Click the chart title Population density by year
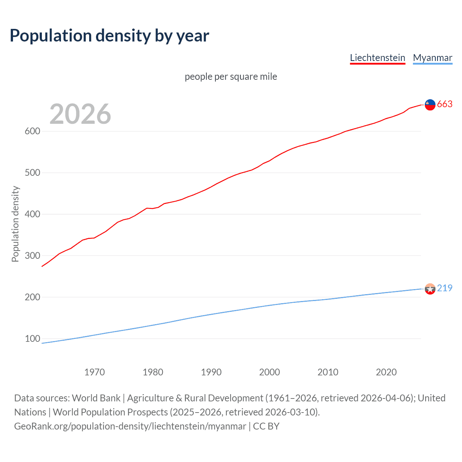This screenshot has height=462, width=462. (x=109, y=36)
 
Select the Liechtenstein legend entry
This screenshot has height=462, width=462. (x=378, y=58)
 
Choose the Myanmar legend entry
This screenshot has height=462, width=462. (x=432, y=58)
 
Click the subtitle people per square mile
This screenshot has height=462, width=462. (x=231, y=77)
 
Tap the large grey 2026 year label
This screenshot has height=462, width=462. (x=80, y=114)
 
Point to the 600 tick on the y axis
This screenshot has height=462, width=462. (x=32, y=131)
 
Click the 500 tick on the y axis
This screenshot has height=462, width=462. (x=32, y=173)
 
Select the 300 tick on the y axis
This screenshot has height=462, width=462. (x=32, y=256)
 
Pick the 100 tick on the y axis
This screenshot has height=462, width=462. (x=32, y=339)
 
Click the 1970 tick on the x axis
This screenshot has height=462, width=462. (x=95, y=372)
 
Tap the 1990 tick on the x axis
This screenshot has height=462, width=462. (x=211, y=372)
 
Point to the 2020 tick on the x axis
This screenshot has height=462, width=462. (x=386, y=372)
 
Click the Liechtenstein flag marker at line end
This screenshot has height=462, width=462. (x=430, y=105)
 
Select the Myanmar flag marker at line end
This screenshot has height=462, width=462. (x=430, y=289)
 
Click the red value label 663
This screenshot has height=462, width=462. (x=445, y=104)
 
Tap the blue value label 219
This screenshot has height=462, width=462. (x=445, y=288)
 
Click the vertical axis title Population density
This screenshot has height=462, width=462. (x=15, y=224)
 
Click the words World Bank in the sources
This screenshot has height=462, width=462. (x=96, y=398)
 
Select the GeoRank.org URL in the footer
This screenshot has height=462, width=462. (x=130, y=426)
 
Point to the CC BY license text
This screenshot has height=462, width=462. (x=266, y=426)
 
